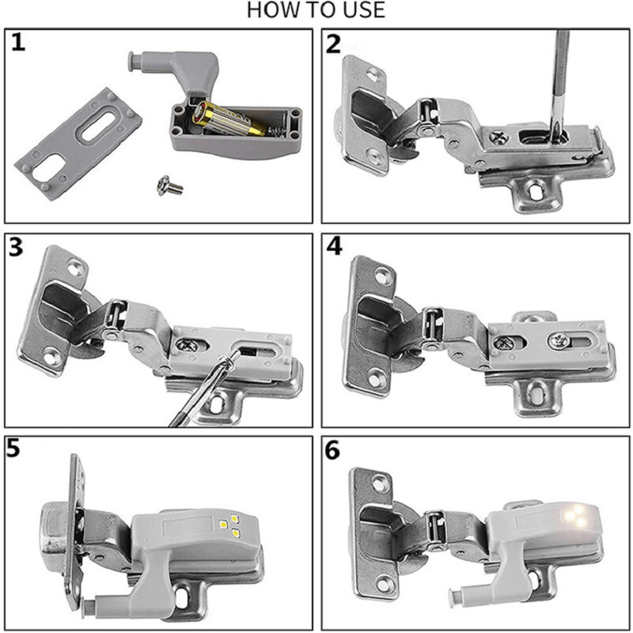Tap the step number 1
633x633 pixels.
tap(19, 43)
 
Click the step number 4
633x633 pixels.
tap(335, 247)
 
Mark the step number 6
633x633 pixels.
tap(335, 449)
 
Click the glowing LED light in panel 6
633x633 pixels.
tap(575, 517)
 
